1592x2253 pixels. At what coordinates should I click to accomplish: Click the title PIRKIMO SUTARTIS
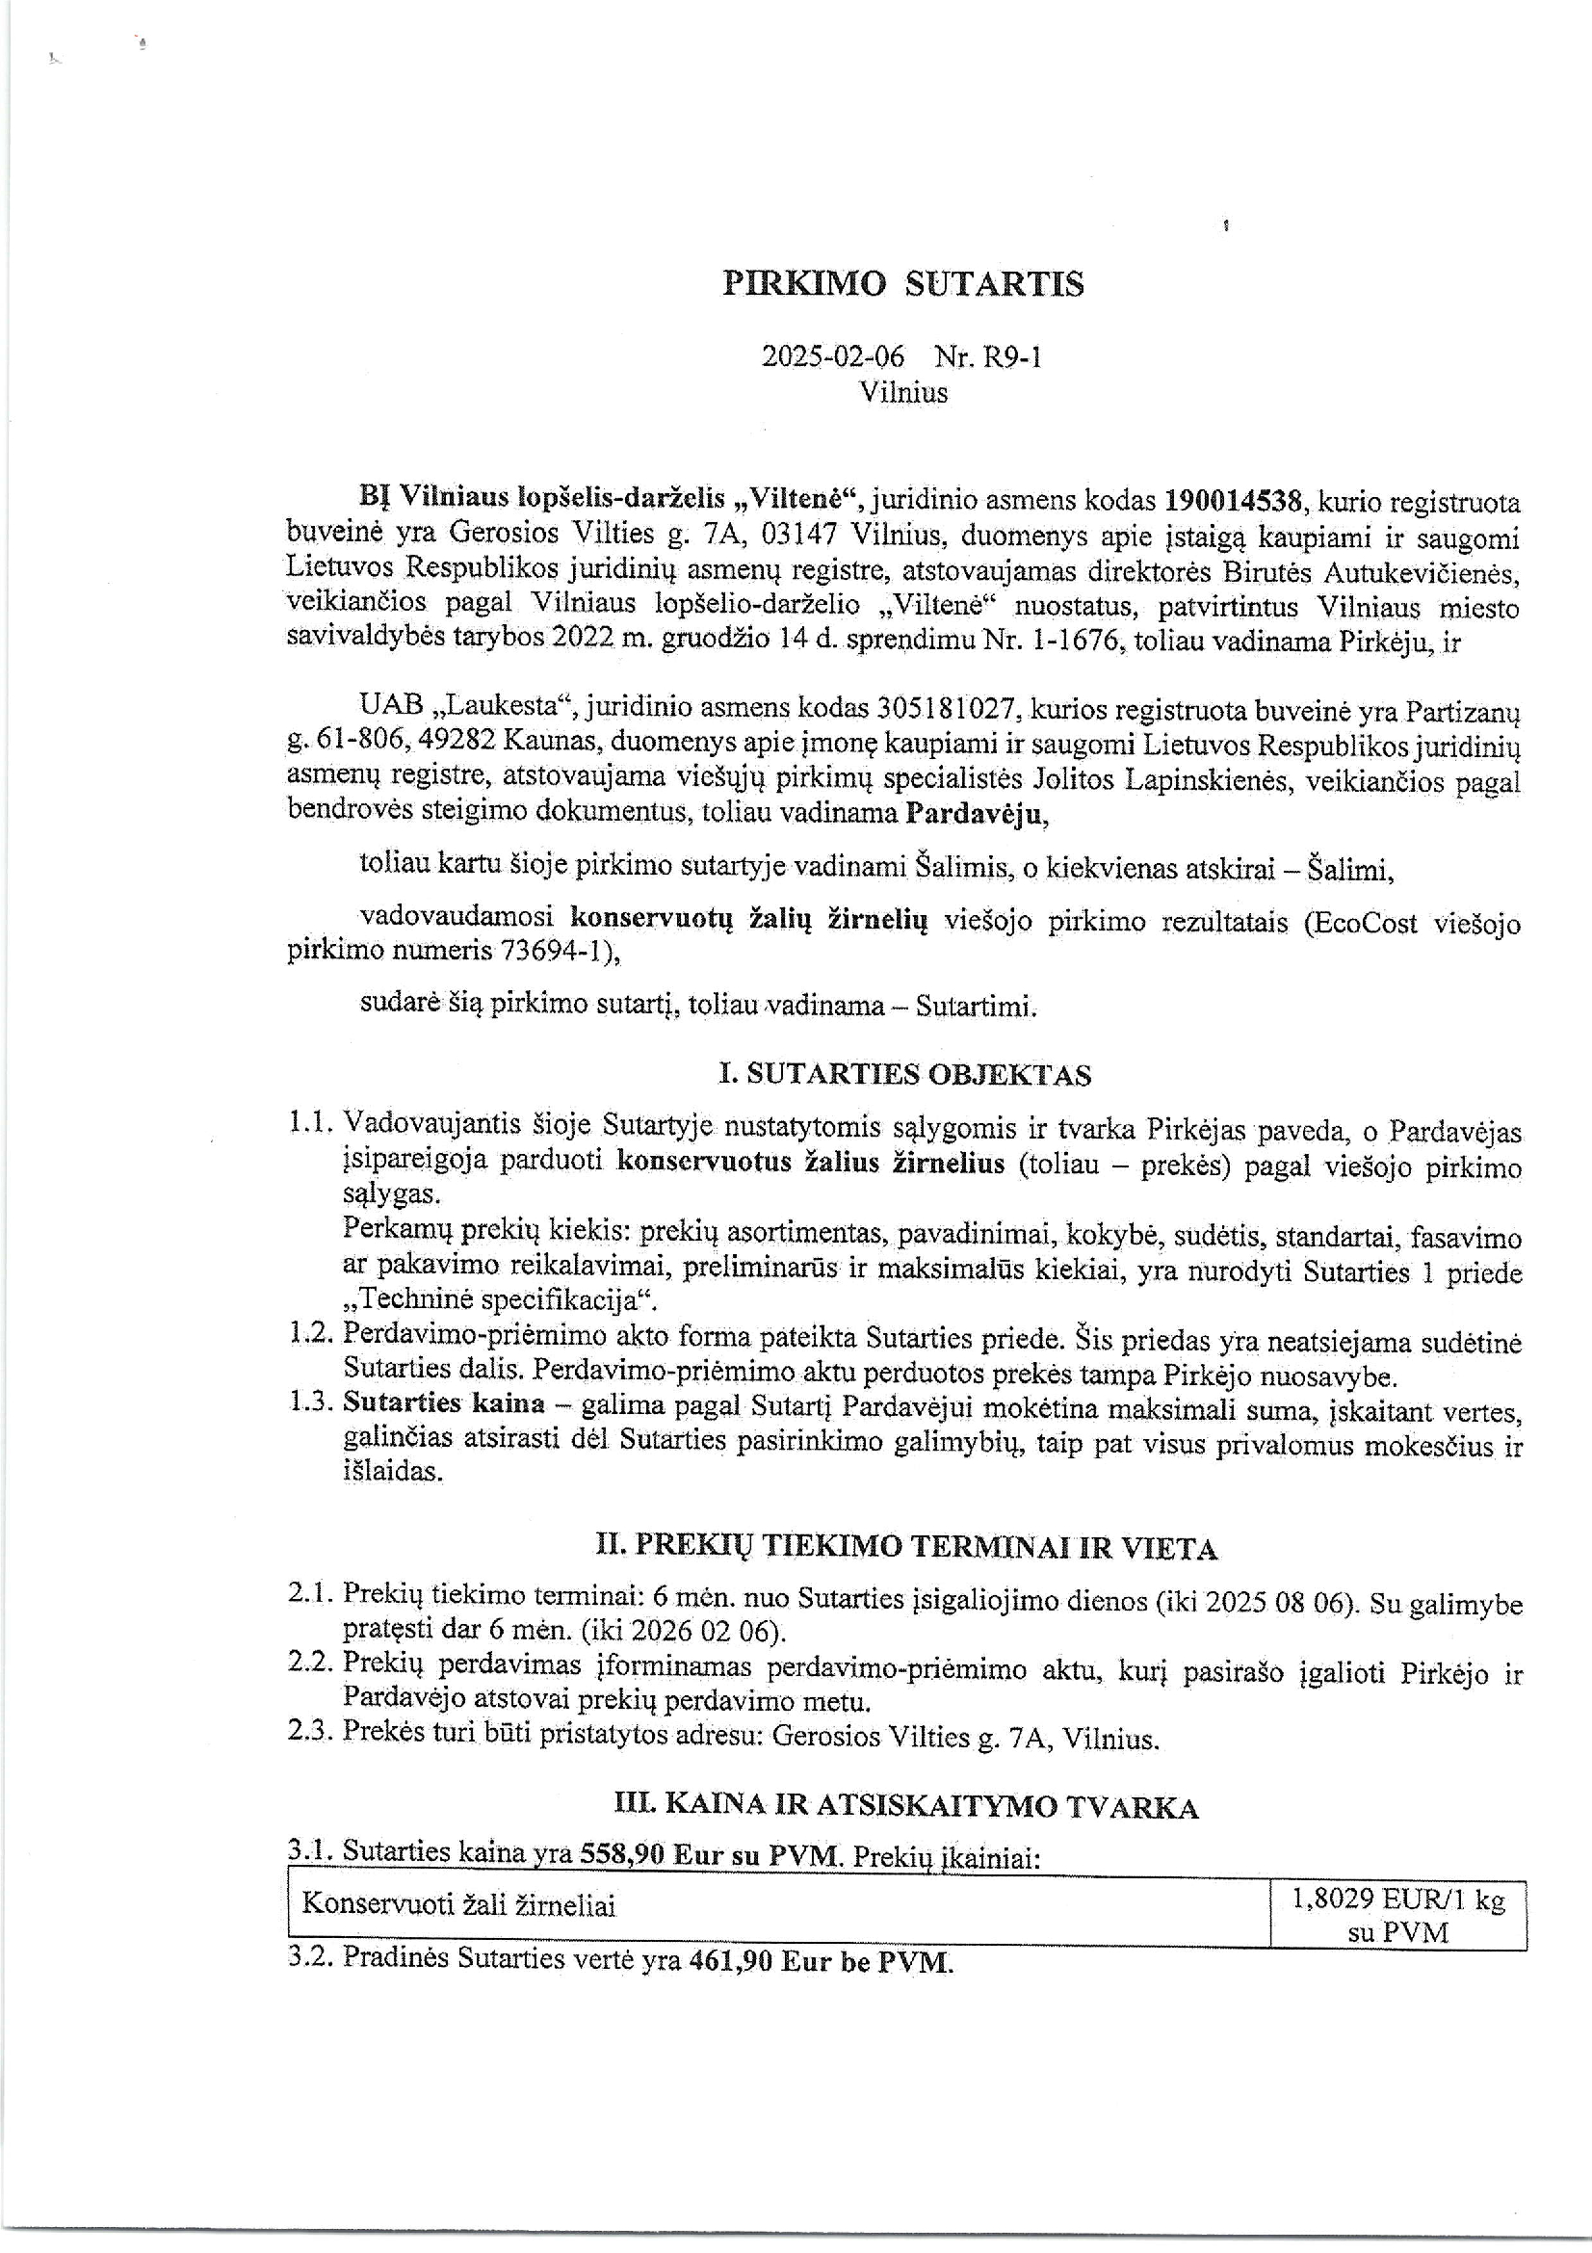tap(902, 284)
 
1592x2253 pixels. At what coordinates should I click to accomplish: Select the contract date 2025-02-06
tap(833, 356)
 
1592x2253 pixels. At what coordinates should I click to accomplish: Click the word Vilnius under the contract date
tap(903, 392)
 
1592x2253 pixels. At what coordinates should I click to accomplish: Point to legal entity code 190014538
tap(1233, 501)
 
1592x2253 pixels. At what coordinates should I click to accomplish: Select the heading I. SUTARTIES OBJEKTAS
tap(904, 1076)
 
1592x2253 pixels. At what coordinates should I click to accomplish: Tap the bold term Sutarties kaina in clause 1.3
tap(443, 1404)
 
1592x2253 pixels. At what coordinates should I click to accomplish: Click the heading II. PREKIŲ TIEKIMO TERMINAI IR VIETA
tap(906, 1549)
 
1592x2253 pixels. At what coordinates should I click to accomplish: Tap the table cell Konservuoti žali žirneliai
tap(458, 1905)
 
